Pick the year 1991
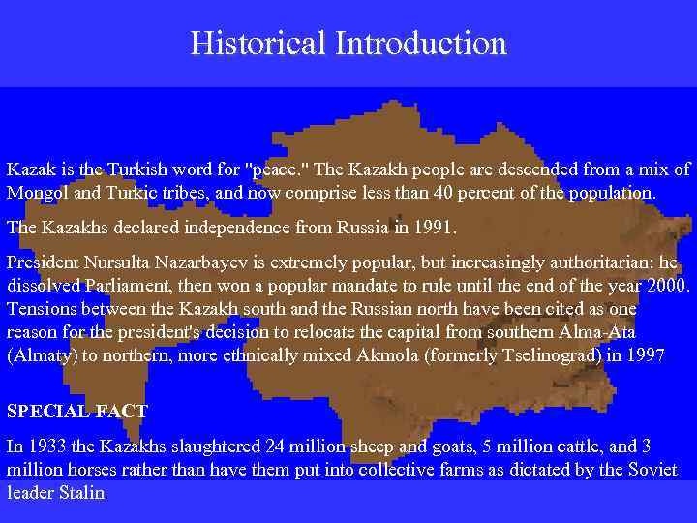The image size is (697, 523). tap(433, 229)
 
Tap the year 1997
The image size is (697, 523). tap(646, 354)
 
